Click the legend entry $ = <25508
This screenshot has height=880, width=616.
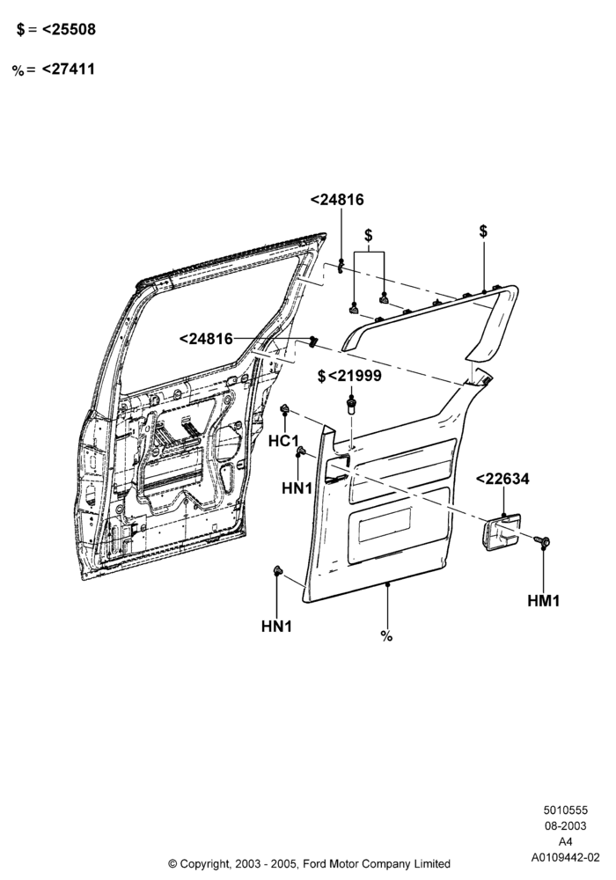click(55, 30)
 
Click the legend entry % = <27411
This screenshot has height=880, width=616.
click(54, 70)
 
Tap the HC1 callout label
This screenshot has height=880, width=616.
click(283, 441)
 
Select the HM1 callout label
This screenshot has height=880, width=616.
click(544, 601)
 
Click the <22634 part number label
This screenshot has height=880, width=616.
click(502, 479)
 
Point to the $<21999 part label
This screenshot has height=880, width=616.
click(349, 376)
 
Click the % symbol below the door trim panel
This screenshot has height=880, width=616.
click(386, 636)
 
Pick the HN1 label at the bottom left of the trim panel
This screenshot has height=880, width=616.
click(276, 627)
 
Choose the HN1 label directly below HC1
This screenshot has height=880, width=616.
click(297, 488)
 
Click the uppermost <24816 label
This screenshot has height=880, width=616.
click(337, 200)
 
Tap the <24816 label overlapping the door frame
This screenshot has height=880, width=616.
click(206, 339)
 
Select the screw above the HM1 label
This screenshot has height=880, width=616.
click(542, 541)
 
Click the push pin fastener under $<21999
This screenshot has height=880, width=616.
click(350, 404)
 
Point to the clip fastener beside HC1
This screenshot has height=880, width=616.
click(285, 408)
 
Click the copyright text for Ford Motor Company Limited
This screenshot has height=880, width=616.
click(309, 863)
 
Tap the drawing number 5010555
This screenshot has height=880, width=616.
click(565, 810)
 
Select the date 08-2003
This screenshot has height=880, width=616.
click(565, 825)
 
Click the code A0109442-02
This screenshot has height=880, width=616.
click(566, 857)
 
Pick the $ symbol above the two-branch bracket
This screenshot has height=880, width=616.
click(368, 235)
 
